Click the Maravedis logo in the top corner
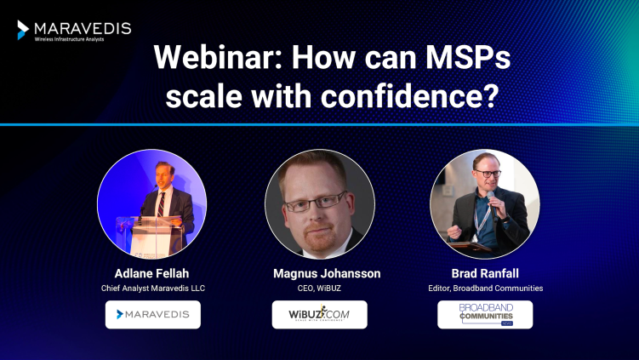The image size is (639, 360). tap(74, 30)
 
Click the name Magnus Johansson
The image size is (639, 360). tap(319, 273)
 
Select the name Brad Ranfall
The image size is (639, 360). tap(485, 273)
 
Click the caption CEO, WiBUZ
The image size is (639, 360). tap(319, 288)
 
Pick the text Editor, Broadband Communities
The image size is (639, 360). tap(485, 288)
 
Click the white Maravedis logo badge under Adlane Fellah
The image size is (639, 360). tap(153, 314)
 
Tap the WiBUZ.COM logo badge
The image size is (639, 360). tap(319, 314)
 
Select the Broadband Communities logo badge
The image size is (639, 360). tap(485, 314)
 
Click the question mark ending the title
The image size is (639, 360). tap(491, 94)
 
